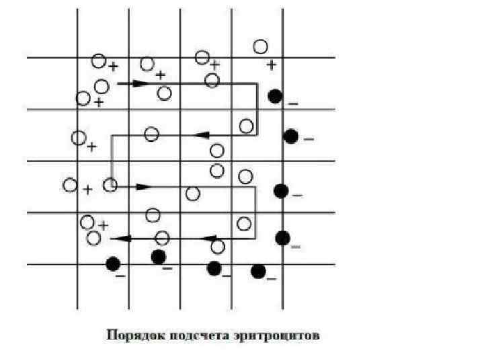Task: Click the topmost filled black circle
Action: coord(275,96)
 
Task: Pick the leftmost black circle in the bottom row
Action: coord(113,264)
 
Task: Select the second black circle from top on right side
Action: coord(290,136)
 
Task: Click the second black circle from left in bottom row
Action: coord(159,256)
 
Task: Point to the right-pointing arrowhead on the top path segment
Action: coord(140,83)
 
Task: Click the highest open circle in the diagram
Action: coord(261,46)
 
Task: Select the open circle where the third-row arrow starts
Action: coord(110,185)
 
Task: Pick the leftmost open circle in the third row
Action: coord(70,185)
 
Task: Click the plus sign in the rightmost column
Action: coord(271,65)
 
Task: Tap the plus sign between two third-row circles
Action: coord(88,190)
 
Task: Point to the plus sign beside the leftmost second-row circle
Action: coord(92,145)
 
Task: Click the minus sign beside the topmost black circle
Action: coord(293,104)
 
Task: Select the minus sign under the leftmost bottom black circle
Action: coord(120,276)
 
